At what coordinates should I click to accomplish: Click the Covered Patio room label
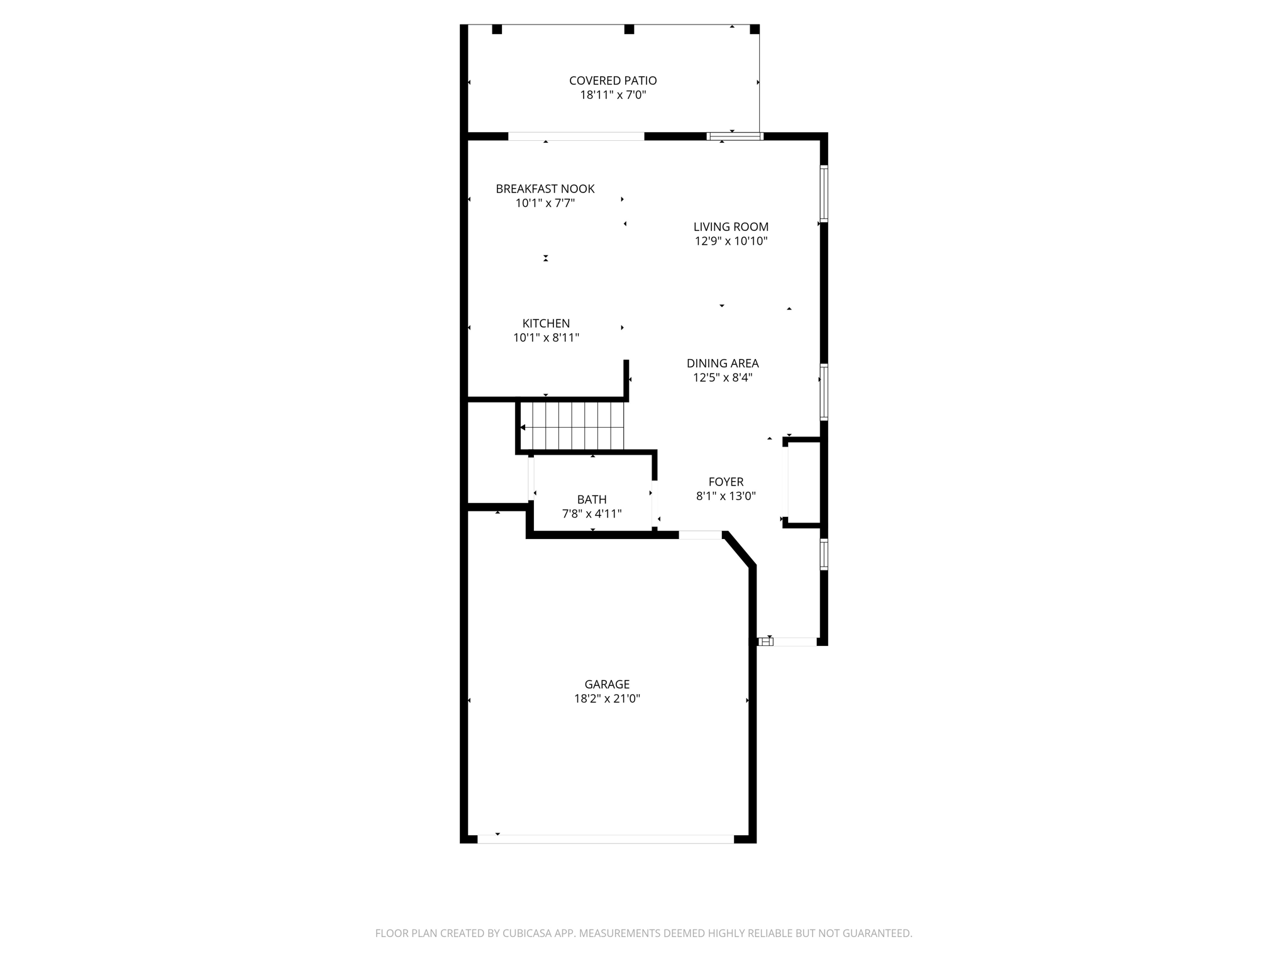613,80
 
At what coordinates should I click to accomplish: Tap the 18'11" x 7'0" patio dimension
613,95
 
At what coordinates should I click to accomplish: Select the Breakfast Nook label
545,189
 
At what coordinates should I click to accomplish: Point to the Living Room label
731,226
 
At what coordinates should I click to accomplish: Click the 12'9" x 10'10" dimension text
731,241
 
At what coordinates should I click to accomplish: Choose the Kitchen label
546,323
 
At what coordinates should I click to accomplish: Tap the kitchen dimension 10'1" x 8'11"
546,338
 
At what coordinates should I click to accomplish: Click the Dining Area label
723,363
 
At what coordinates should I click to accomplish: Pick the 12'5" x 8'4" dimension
723,377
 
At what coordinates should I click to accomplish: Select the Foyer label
726,482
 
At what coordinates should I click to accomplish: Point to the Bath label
592,499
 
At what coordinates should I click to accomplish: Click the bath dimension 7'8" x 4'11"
592,514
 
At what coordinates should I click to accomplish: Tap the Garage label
607,684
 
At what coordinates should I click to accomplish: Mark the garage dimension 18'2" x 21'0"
607,699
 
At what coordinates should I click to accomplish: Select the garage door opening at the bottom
605,839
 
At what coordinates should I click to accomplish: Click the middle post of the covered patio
629,30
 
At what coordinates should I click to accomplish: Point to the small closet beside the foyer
804,482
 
